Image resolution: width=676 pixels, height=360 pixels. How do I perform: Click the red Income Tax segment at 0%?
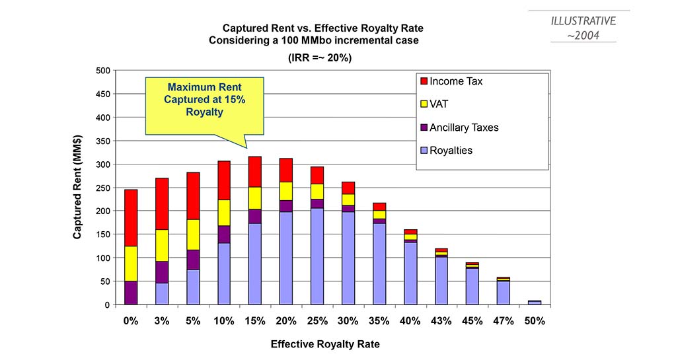click(131, 218)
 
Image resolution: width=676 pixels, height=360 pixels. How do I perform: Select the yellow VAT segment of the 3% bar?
click(162, 245)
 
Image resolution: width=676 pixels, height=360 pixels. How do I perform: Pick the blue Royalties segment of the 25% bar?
click(317, 256)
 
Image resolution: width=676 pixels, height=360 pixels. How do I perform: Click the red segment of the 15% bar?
click(255, 172)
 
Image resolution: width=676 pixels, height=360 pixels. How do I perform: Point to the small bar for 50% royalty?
click(535, 303)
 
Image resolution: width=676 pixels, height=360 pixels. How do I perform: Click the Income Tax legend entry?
click(451, 81)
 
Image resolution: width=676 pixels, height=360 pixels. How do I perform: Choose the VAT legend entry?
click(434, 104)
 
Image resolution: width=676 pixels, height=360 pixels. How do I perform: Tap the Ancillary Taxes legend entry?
click(459, 127)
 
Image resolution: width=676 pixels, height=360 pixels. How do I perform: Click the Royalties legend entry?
click(446, 151)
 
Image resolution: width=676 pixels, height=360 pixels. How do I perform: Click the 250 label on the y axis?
click(103, 188)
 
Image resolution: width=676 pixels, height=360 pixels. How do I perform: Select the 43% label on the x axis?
click(441, 321)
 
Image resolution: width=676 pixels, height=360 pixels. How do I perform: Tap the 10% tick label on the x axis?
click(224, 321)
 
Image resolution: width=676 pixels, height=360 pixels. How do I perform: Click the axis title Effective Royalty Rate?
click(325, 345)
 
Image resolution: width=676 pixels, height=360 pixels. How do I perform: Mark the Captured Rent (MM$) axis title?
click(77, 187)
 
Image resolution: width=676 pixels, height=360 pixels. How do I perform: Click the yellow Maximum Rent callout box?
click(204, 106)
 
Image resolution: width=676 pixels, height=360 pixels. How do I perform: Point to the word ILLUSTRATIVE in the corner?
click(583, 21)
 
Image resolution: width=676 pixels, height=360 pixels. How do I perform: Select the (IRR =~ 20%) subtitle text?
click(320, 57)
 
